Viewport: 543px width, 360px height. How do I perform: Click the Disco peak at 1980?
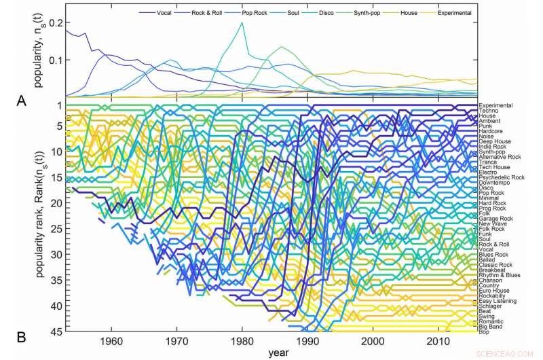pos(242,23)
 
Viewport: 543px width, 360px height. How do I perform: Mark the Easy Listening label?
pos(497,301)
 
